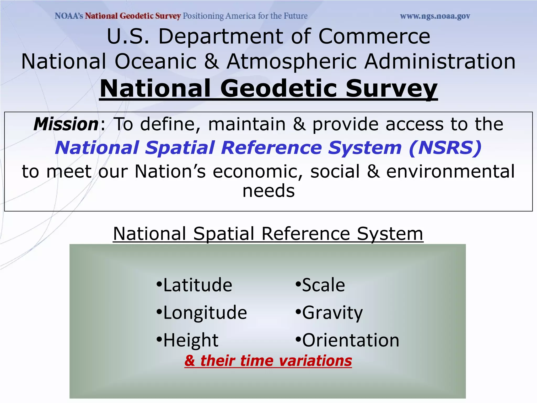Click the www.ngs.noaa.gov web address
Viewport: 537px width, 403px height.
pos(435,16)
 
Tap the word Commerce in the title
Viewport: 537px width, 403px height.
pos(374,36)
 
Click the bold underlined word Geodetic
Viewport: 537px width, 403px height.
pos(278,88)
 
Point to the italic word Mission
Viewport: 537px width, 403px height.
pos(66,124)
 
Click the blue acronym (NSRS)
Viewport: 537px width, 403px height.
pos(445,147)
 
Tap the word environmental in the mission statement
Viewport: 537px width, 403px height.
pos(450,171)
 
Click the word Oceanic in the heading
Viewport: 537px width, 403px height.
pos(155,61)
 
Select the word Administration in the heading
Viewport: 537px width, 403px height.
pos(440,61)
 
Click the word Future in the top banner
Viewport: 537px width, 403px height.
pos(295,16)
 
